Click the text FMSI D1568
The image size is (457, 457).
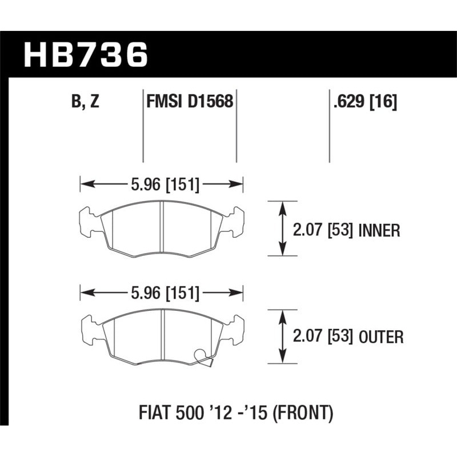(x=189, y=103)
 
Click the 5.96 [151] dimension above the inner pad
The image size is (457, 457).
(x=162, y=185)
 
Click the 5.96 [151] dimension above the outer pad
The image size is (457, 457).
(x=162, y=294)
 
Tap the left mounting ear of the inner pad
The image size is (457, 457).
(x=87, y=222)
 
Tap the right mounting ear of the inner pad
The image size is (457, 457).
(x=236, y=222)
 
